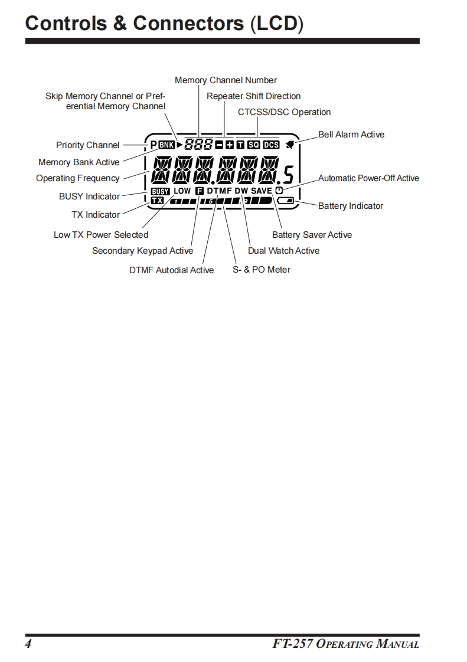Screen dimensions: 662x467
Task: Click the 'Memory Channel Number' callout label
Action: tap(226, 80)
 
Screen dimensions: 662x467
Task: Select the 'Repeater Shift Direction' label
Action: tap(253, 96)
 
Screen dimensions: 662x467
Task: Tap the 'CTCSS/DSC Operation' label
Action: tap(284, 112)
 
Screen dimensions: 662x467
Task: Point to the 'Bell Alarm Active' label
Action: tap(351, 135)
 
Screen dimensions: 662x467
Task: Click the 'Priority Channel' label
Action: tap(87, 145)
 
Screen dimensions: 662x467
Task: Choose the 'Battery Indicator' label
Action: tap(350, 206)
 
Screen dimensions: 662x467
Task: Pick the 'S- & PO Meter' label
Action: tap(262, 270)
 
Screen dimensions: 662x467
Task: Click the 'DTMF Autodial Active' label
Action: tap(171, 270)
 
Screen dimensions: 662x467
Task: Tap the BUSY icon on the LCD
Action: tap(160, 191)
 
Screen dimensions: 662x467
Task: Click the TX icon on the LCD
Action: tap(157, 201)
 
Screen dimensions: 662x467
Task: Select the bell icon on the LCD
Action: tap(290, 145)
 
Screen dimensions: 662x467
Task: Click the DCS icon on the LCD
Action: tap(271, 145)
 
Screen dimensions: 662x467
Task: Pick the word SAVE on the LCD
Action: tap(262, 191)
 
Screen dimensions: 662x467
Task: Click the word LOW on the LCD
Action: tap(182, 191)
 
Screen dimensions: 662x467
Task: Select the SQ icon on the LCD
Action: tap(254, 145)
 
